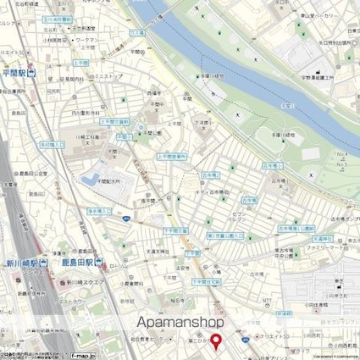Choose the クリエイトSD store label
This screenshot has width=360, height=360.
pyautogui.click(x=285, y=335)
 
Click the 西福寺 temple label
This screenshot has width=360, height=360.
pyautogui.click(x=153, y=92)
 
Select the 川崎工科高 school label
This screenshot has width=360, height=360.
pyautogui.click(x=92, y=136)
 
